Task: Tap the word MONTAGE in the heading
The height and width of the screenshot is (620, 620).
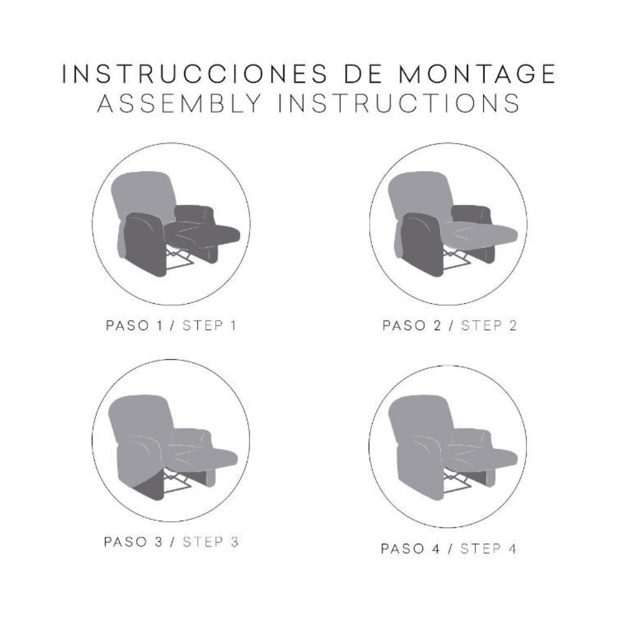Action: [477, 74]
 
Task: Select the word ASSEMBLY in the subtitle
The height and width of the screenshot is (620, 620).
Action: [180, 103]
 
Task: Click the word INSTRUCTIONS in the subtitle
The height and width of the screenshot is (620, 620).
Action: [399, 103]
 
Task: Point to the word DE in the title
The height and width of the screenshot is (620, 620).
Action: [363, 74]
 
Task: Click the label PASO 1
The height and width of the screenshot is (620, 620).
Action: [134, 326]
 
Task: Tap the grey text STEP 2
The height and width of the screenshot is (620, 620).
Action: [489, 326]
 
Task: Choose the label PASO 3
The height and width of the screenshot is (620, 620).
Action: [133, 542]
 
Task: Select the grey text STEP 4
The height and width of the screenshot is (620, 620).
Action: [489, 549]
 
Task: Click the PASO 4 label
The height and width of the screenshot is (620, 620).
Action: [410, 549]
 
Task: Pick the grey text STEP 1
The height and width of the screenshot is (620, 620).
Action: [210, 326]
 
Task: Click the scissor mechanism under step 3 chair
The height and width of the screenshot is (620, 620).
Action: [175, 480]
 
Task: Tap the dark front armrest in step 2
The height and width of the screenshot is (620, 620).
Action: [422, 243]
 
